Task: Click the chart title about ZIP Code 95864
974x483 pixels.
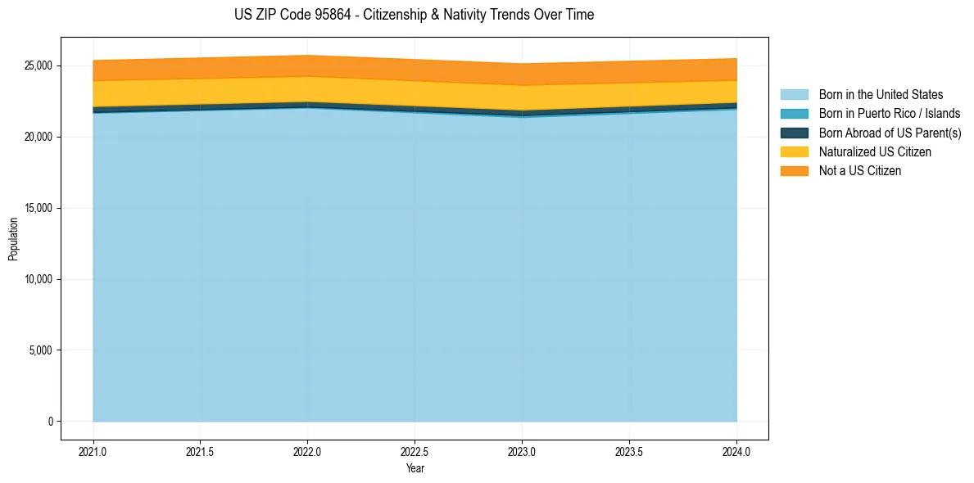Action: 414,15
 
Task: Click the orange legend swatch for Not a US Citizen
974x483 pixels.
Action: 794,170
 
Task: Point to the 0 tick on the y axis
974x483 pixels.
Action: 50,422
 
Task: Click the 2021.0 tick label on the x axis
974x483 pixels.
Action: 93,451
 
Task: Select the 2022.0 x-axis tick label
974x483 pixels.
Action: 307,451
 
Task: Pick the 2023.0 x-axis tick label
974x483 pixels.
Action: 522,451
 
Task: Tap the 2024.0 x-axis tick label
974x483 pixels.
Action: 736,451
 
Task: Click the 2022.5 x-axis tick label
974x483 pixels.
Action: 415,451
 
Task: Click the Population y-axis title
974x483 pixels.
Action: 13,239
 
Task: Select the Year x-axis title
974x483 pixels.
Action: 415,468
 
